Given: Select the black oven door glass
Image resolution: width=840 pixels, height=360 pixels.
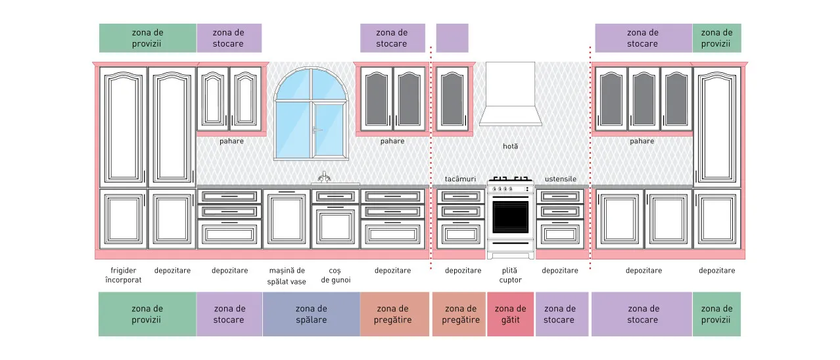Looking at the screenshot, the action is click(x=510, y=217).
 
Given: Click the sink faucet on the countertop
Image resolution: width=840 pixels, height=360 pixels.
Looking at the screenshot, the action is click(x=324, y=177).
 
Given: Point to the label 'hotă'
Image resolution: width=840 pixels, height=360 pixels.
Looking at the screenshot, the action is click(x=510, y=146).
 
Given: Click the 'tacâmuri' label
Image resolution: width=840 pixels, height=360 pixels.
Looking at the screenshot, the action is click(x=460, y=179).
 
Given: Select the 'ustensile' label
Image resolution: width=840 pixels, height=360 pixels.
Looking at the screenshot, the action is click(x=560, y=179).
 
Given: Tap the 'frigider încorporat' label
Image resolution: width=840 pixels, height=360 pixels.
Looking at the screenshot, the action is click(x=123, y=275).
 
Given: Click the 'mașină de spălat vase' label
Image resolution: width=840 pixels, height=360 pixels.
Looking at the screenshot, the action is click(x=287, y=276).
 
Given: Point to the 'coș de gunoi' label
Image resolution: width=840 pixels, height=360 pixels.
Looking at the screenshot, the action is click(x=335, y=275).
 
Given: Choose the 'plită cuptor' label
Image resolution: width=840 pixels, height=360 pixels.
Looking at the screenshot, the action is click(x=510, y=275).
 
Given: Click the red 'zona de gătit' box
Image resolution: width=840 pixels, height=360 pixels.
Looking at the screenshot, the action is click(x=510, y=314).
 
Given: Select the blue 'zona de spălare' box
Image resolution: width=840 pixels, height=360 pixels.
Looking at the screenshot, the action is click(x=312, y=314).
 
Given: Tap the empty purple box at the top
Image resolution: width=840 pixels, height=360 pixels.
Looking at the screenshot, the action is click(x=452, y=38).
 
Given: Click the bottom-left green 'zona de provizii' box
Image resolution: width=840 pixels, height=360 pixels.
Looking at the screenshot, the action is click(x=147, y=314).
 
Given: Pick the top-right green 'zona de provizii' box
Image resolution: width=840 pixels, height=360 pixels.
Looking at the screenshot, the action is click(x=716, y=38).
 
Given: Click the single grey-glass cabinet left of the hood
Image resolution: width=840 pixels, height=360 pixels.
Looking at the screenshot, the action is click(x=452, y=99).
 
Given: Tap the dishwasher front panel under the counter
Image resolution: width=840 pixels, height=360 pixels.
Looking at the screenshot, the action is click(x=287, y=219).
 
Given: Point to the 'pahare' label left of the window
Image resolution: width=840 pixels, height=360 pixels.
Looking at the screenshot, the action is click(x=231, y=141).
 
